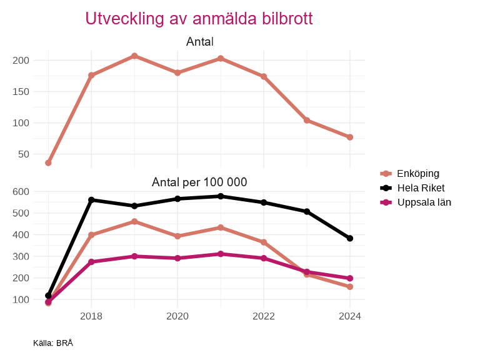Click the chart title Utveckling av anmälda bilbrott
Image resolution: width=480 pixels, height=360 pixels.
(x=199, y=19)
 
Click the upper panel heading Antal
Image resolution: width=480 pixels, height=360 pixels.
(x=199, y=42)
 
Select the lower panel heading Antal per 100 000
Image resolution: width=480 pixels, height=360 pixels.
(x=199, y=182)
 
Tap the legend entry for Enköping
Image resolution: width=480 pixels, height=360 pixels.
(x=417, y=173)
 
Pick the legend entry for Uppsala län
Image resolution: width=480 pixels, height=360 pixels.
(x=424, y=202)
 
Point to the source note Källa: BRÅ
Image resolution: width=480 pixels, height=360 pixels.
(x=53, y=343)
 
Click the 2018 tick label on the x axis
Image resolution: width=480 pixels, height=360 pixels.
(x=91, y=316)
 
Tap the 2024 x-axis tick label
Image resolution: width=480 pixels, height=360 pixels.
(x=350, y=316)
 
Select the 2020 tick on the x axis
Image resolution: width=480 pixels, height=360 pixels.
(x=177, y=316)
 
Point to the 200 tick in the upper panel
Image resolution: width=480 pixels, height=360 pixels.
(x=21, y=61)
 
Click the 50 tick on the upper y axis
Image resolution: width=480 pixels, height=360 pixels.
(x=24, y=154)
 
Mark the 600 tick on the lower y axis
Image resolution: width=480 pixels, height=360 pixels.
(x=21, y=192)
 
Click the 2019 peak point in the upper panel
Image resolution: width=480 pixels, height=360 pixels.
(x=134, y=56)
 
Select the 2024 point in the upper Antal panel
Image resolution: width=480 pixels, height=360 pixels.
(x=350, y=137)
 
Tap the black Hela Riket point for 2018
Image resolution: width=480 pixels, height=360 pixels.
(x=91, y=200)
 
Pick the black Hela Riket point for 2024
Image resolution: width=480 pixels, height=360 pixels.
(x=350, y=238)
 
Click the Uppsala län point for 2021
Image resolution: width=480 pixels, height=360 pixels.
(x=221, y=254)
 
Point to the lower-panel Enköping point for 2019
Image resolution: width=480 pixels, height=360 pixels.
(x=134, y=221)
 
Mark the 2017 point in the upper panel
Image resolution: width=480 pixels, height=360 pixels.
(x=48, y=162)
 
